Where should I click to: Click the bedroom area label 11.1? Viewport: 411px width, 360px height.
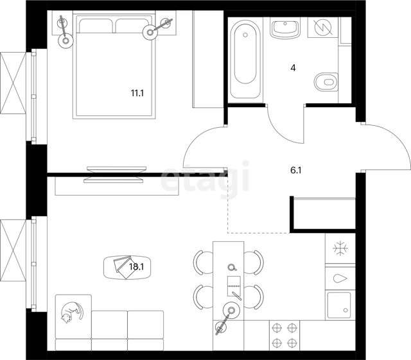click(x=137, y=93)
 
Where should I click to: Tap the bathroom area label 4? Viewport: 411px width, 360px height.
click(x=293, y=68)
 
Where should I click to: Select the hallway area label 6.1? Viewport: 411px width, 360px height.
click(x=295, y=171)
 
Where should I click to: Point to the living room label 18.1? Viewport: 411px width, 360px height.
click(x=137, y=267)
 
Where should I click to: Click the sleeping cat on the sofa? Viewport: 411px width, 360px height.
click(x=71, y=313)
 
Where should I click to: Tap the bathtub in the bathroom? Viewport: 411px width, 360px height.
click(x=245, y=58)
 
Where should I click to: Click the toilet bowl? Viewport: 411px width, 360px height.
click(x=326, y=81)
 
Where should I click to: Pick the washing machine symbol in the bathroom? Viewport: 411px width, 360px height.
click(x=323, y=27)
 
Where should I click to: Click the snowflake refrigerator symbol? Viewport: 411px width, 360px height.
click(x=340, y=248)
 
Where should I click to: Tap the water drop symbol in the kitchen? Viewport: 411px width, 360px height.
click(x=340, y=279)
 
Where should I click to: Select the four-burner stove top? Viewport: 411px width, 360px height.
click(x=284, y=336)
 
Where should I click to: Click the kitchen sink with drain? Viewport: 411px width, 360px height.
click(x=339, y=305)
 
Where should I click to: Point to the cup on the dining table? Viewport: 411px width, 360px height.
click(x=232, y=267)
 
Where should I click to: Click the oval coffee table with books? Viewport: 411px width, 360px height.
click(x=127, y=268)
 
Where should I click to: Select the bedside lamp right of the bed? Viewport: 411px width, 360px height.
click(x=157, y=29)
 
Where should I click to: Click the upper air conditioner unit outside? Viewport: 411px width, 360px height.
click(x=13, y=83)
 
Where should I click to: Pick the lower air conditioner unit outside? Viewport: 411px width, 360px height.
click(x=13, y=251)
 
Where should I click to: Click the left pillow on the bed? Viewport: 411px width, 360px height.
click(x=96, y=26)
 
